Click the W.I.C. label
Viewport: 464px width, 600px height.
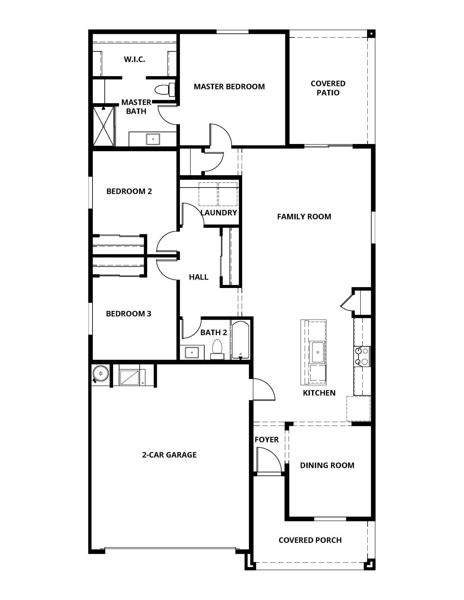coord(134,59)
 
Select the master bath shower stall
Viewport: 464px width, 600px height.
coord(103,126)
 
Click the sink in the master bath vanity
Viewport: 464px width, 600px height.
coord(153,139)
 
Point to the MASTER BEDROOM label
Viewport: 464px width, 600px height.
coord(229,87)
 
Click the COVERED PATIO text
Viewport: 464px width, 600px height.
coord(328,88)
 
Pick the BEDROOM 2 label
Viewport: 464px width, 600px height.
coord(129,191)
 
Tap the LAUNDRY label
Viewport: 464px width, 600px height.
coord(219,213)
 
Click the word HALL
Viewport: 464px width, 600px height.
coord(199,277)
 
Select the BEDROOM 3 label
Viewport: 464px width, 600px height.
coord(129,314)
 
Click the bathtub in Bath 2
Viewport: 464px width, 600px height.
coord(240,340)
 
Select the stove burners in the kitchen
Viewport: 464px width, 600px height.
coord(362,356)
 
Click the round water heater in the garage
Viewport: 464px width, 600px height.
coord(100,373)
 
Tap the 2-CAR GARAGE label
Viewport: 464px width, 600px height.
coord(169,455)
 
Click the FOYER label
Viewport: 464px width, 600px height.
coord(266,439)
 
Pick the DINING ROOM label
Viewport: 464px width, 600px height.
coord(327,465)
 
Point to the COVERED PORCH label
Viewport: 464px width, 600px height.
coord(310,540)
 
